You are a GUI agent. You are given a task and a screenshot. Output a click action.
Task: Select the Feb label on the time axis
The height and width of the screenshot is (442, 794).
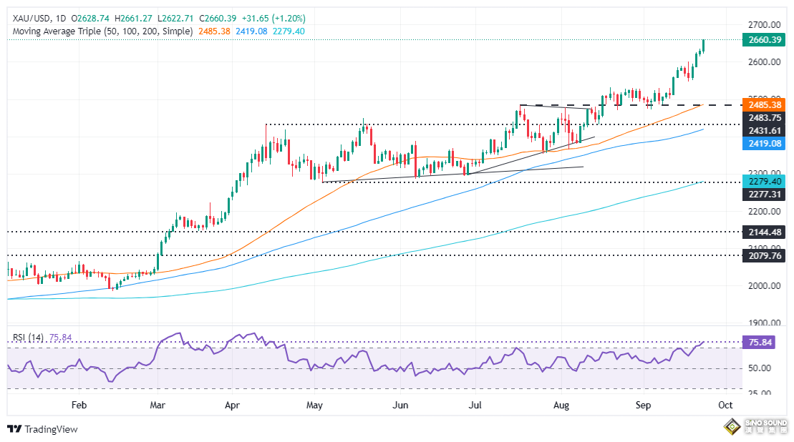tap(79, 405)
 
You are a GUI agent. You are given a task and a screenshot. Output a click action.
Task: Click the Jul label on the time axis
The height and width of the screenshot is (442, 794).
tap(475, 405)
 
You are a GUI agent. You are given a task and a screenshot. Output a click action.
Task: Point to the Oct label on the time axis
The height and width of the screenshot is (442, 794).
tap(725, 405)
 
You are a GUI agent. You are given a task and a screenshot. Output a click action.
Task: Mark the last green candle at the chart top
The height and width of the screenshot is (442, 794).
tap(704, 46)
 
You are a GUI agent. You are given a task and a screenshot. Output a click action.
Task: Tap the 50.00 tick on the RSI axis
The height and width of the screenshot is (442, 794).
tap(760, 368)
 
